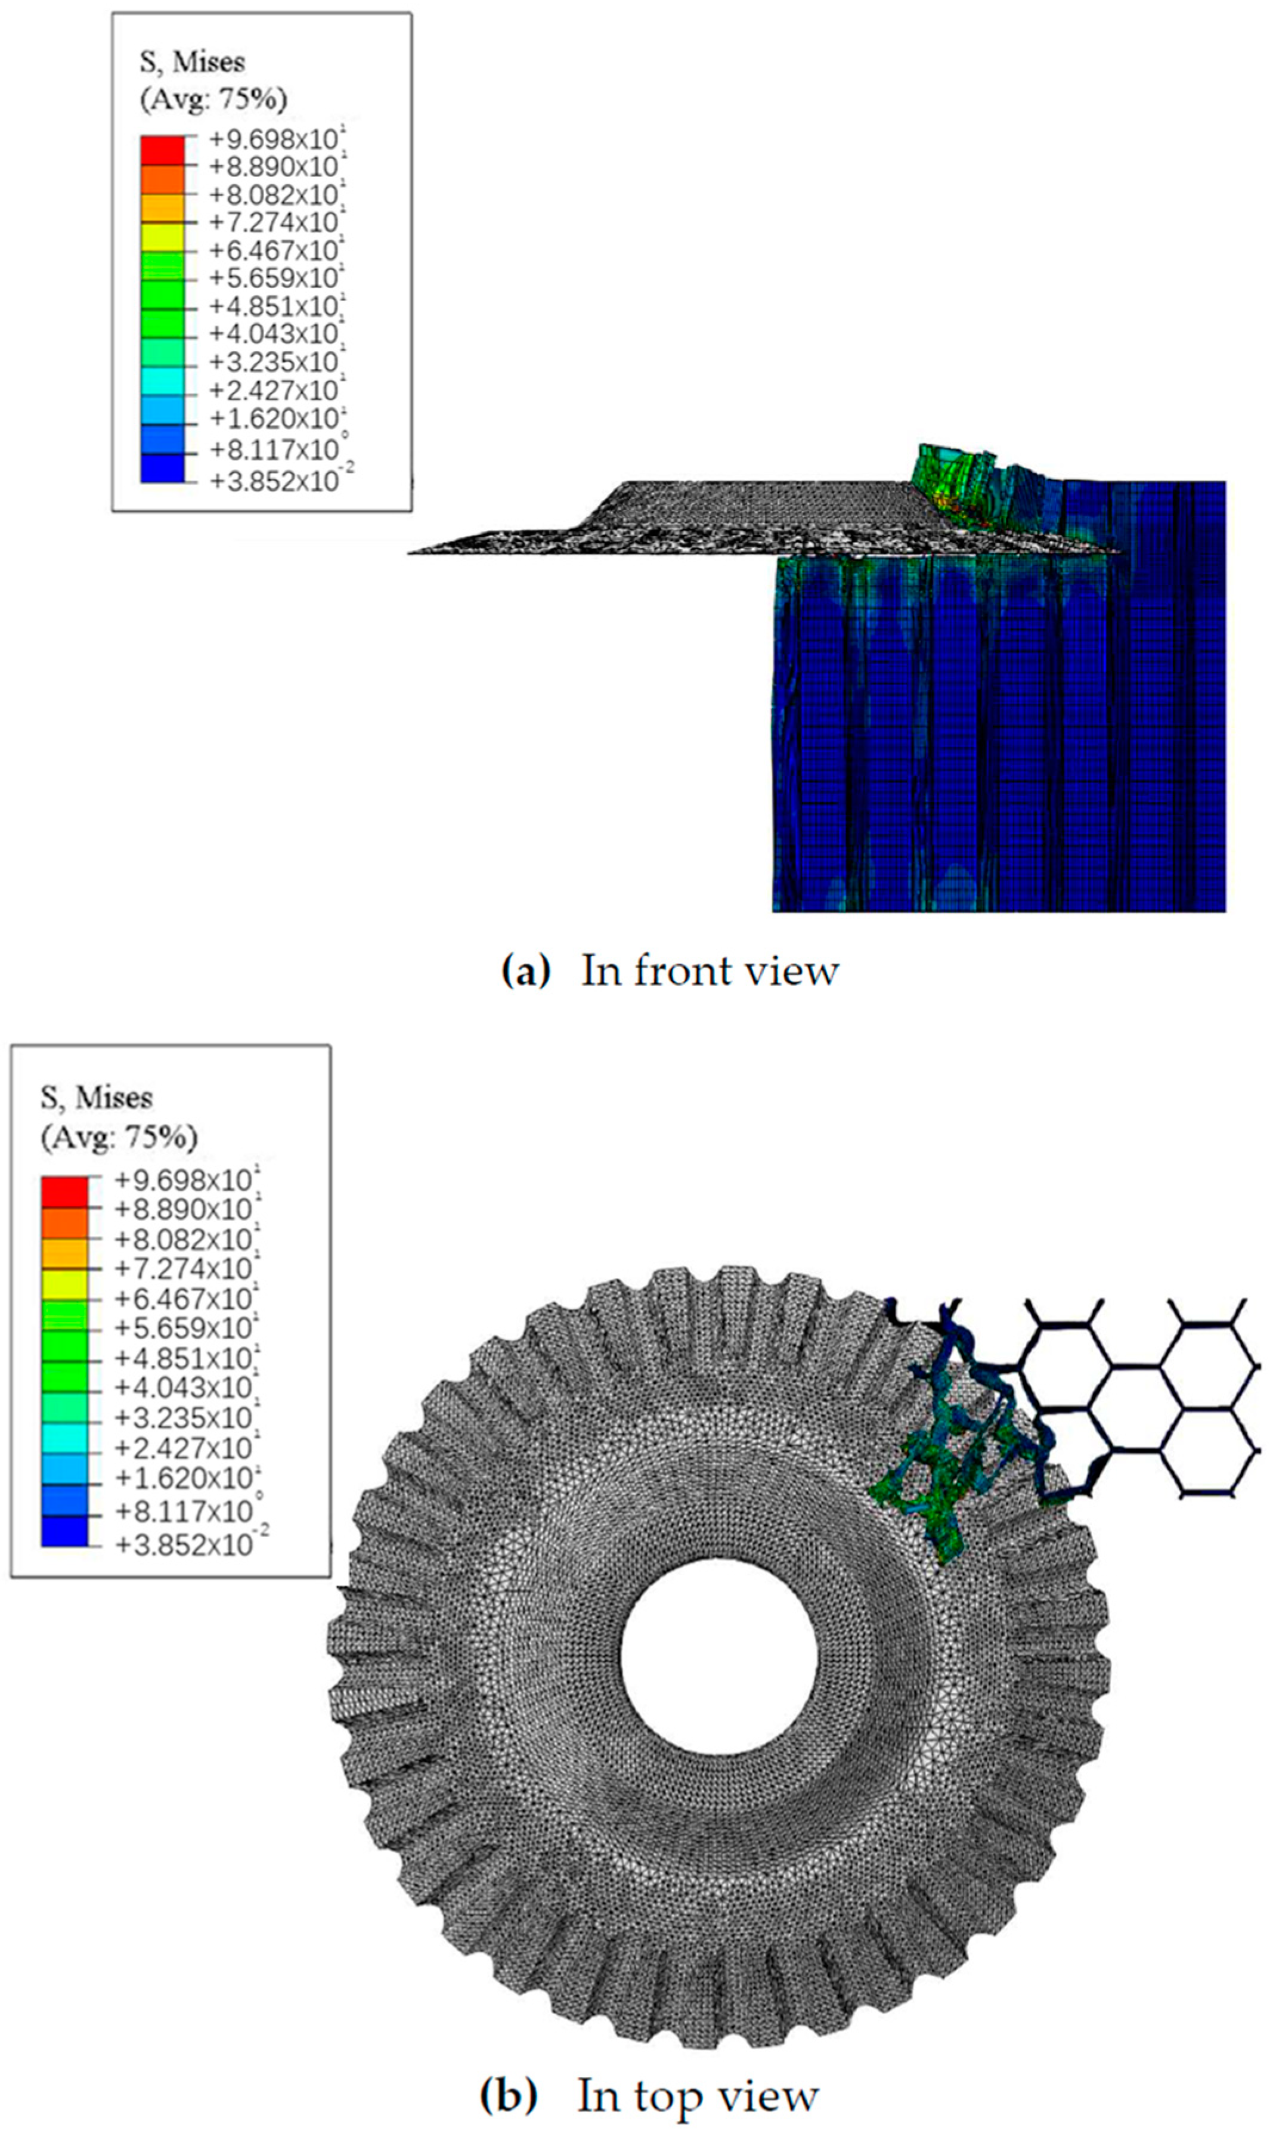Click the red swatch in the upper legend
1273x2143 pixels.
click(162, 149)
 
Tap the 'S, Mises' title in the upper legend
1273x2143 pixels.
click(192, 63)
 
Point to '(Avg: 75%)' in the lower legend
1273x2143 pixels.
click(119, 1138)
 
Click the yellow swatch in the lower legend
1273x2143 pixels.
click(64, 1283)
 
